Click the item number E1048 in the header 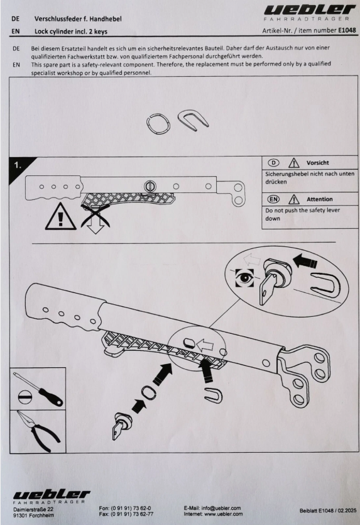[x=347, y=30]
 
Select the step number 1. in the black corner [x=18, y=165]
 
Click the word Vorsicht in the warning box [x=317, y=163]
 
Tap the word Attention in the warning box [x=320, y=199]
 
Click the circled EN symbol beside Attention [x=273, y=199]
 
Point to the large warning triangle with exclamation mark [x=60, y=217]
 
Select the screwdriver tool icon [x=38, y=389]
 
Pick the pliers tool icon [x=38, y=430]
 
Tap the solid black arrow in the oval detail [x=305, y=260]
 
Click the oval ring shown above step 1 [x=158, y=124]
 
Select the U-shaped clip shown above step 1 [x=193, y=119]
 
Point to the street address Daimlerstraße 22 [x=33, y=509]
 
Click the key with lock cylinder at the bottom [x=122, y=425]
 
